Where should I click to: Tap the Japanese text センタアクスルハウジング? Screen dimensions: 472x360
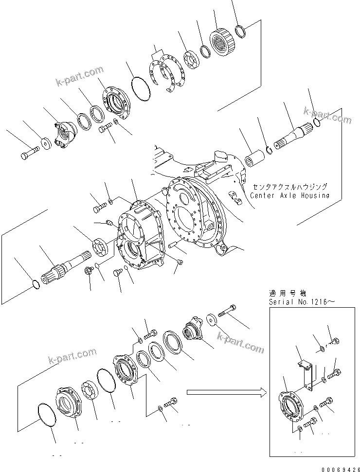click(x=290, y=187)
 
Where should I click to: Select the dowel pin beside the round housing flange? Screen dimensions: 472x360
click(x=174, y=246)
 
